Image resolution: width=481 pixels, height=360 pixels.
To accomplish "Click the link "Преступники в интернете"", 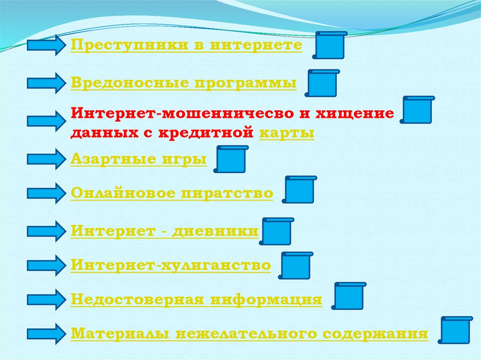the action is click(x=186, y=46).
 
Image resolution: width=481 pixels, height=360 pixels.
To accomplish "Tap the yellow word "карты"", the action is click(x=287, y=133).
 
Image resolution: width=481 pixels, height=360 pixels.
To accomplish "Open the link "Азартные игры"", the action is click(x=139, y=159).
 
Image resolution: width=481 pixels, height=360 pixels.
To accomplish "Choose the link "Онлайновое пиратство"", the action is click(x=172, y=193).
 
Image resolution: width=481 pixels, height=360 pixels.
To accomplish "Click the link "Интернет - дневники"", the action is click(x=164, y=231).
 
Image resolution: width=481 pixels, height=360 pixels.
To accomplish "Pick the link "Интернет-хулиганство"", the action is click(x=171, y=265).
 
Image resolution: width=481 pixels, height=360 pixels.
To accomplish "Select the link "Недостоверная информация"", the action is click(x=196, y=300).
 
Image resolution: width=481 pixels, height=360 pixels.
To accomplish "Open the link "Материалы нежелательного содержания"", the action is click(x=249, y=334).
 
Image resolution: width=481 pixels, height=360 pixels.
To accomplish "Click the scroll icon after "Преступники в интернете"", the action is click(x=330, y=45).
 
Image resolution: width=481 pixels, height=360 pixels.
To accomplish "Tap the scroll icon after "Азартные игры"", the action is click(x=230, y=160).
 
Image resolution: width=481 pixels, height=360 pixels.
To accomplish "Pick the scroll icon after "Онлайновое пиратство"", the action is click(x=299, y=190).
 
